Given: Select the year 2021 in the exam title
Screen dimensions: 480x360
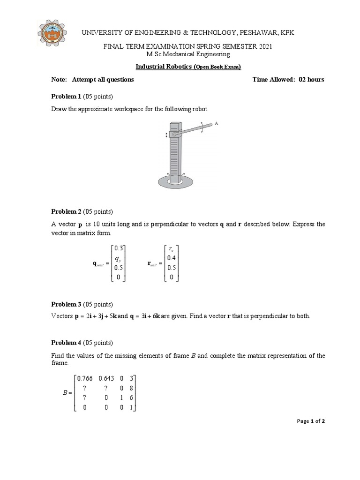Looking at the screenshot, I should point(262,47).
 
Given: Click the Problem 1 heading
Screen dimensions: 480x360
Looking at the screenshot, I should point(66,96).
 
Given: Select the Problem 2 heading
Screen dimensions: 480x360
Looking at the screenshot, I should point(66,211).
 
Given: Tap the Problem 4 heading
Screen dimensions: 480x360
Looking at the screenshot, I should point(66,342).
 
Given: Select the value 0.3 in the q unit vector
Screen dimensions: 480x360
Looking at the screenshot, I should point(119,249).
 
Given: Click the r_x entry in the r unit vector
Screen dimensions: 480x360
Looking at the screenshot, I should point(172,249).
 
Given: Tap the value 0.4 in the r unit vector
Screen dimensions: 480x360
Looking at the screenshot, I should point(172,258).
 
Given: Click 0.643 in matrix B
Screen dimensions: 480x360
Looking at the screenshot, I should point(107,379).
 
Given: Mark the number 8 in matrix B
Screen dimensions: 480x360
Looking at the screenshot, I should point(133,388).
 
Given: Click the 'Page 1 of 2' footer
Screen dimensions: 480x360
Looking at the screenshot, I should point(311,421).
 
